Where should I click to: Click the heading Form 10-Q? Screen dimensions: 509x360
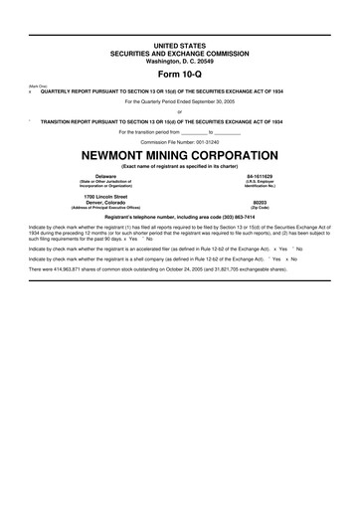[179, 74]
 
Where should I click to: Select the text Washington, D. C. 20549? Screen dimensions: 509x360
[179, 61]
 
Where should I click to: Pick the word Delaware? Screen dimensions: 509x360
[98, 177]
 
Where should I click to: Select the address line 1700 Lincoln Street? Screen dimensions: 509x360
[98, 196]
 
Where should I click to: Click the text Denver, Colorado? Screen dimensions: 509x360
[98, 202]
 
